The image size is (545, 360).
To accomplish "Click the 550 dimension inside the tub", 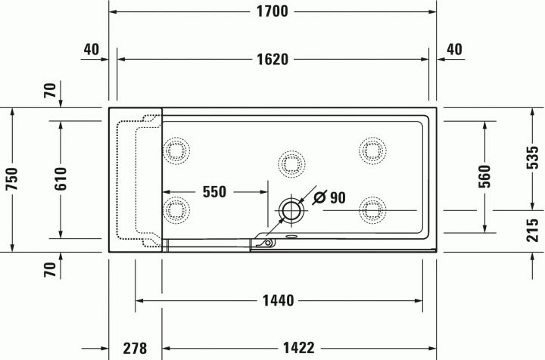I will [x=214, y=192].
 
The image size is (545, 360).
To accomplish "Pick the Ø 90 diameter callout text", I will [x=329, y=198].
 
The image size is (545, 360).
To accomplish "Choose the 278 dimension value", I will [x=135, y=348].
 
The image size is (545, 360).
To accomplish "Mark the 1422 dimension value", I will [x=300, y=348].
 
